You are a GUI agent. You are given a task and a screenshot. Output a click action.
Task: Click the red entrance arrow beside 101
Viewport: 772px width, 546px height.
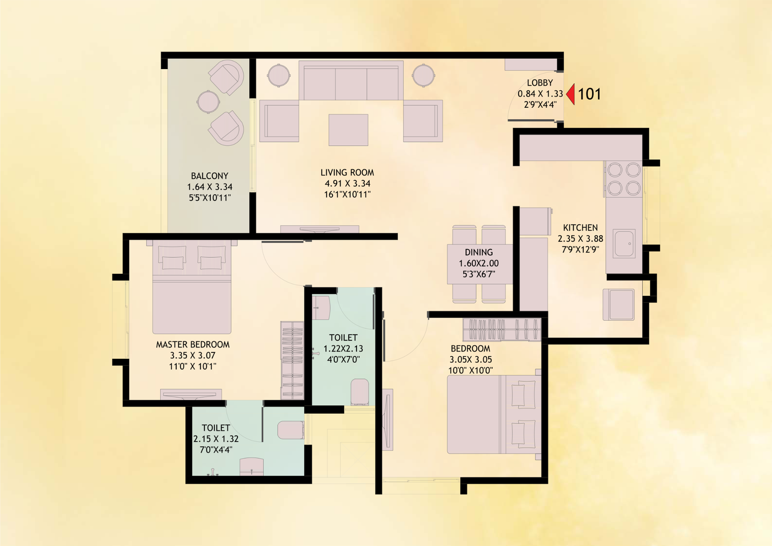pyautogui.click(x=571, y=94)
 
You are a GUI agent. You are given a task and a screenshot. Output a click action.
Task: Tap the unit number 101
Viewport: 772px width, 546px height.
pyautogui.click(x=589, y=94)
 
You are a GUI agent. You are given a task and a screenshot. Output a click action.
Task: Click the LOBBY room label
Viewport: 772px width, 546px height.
pyautogui.click(x=540, y=83)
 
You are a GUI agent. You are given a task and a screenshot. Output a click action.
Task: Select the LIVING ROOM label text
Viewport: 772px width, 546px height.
pyautogui.click(x=347, y=172)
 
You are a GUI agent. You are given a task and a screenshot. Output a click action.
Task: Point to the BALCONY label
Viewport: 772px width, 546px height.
pyautogui.click(x=209, y=176)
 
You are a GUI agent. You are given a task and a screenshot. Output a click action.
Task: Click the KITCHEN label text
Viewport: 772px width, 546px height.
pyautogui.click(x=580, y=228)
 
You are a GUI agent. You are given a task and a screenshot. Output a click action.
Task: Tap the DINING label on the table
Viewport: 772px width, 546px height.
pyautogui.click(x=479, y=252)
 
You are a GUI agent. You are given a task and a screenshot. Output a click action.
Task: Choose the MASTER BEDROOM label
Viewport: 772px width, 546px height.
pyautogui.click(x=193, y=345)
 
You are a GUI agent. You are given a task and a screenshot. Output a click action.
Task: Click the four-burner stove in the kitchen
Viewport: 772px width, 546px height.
pyautogui.click(x=624, y=179)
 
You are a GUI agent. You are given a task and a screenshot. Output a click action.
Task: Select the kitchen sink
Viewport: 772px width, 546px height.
pyautogui.click(x=624, y=244)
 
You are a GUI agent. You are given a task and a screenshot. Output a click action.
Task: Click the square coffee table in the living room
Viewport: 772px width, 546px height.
pyautogui.click(x=348, y=130)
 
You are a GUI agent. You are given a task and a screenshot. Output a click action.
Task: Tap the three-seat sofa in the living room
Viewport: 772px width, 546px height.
pyautogui.click(x=351, y=81)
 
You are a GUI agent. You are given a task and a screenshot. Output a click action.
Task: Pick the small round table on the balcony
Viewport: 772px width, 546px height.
pyautogui.click(x=208, y=101)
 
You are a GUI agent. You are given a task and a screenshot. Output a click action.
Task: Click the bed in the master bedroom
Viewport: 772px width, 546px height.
pyautogui.click(x=192, y=287)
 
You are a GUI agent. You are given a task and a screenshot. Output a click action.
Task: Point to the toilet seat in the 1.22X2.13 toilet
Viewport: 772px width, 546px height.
pyautogui.click(x=359, y=392)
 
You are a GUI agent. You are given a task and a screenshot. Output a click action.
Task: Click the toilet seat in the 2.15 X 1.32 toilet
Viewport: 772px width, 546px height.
pyautogui.click(x=290, y=430)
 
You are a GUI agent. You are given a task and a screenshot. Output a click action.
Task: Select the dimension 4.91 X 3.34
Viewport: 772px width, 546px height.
pyautogui.click(x=347, y=183)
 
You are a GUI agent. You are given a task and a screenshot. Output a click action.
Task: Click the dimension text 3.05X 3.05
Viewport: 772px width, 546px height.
pyautogui.click(x=470, y=359)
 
